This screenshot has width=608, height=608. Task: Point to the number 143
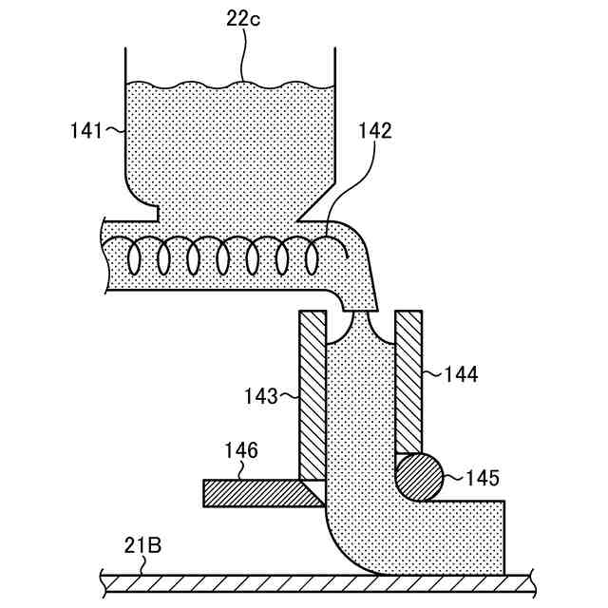click(259, 391)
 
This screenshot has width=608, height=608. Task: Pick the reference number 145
click(483, 476)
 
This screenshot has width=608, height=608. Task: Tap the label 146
click(241, 450)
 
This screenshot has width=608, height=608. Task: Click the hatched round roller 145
click(419, 476)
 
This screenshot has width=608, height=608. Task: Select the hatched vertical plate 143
click(313, 394)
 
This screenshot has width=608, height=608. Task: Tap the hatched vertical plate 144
click(408, 380)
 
